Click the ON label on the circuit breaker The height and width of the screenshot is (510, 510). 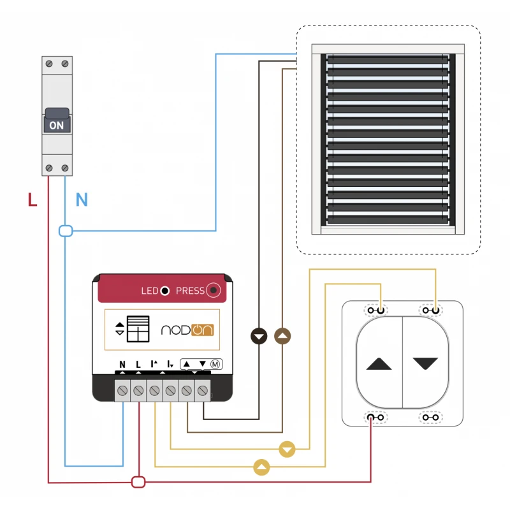[57, 125]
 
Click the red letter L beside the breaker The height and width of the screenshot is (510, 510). [33, 200]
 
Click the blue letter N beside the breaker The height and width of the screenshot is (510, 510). [82, 200]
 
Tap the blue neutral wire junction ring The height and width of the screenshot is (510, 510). [65, 231]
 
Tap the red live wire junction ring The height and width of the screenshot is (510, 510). [138, 482]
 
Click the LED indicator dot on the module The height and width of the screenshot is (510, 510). [164, 291]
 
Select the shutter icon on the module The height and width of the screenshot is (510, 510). [138, 329]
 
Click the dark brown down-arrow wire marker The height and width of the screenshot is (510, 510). [259, 336]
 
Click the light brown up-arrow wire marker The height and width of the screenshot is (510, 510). [282, 336]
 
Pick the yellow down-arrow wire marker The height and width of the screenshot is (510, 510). [288, 449]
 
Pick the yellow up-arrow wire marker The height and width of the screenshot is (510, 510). [261, 467]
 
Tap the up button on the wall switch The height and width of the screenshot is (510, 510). [379, 364]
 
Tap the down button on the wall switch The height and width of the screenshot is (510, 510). [425, 363]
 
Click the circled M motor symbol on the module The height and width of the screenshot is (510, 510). [215, 364]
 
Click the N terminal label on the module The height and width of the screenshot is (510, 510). [122, 365]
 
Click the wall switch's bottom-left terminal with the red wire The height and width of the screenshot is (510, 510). [375, 418]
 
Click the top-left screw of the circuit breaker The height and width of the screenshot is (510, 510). [49, 64]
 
